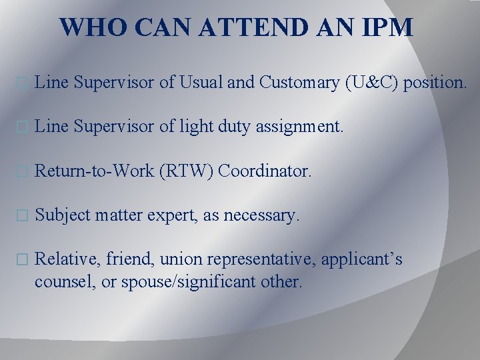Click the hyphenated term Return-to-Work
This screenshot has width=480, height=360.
[95, 171]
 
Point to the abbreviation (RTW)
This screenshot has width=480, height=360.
[187, 171]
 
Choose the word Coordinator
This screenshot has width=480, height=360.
[265, 171]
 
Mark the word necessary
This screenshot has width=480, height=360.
[262, 215]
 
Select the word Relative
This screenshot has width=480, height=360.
[64, 259]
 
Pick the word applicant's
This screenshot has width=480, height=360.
[362, 259]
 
